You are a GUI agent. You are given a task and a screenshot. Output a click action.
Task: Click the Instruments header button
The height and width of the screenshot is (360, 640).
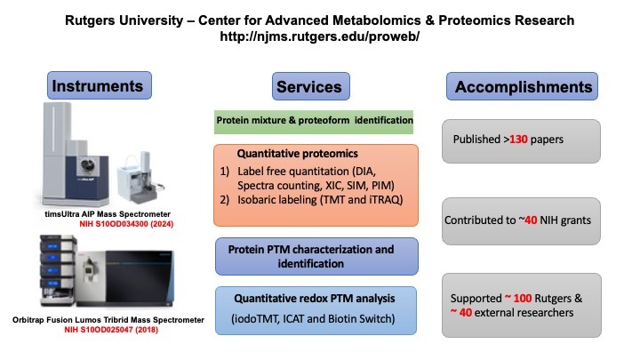pos(100,86)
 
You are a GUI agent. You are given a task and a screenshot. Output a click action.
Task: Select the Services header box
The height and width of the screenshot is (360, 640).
pos(308,87)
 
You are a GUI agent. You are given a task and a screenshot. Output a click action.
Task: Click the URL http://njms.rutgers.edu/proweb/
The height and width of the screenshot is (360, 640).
pos(319,37)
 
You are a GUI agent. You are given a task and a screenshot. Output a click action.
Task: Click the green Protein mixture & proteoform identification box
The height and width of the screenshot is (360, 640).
pos(314,120)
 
